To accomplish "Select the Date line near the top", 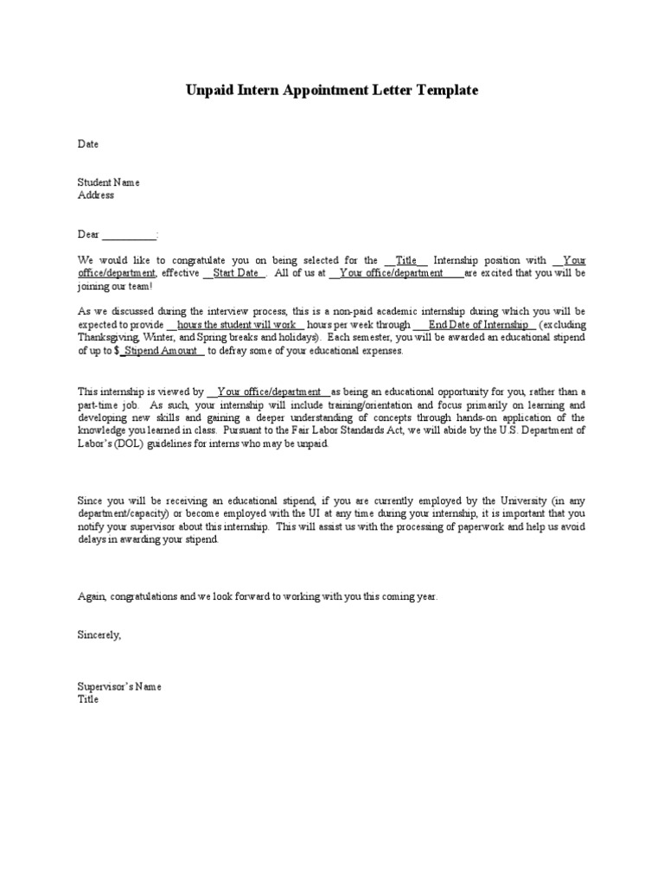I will (x=88, y=143).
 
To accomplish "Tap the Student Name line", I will (x=108, y=182).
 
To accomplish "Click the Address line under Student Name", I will (x=96, y=194).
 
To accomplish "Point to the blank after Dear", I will (x=131, y=235).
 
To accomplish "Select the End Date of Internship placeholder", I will (x=476, y=324).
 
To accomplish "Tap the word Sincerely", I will (x=99, y=635).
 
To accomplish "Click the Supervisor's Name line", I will (x=119, y=687).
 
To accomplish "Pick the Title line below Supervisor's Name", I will (x=88, y=699).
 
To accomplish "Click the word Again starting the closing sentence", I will (x=91, y=596).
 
